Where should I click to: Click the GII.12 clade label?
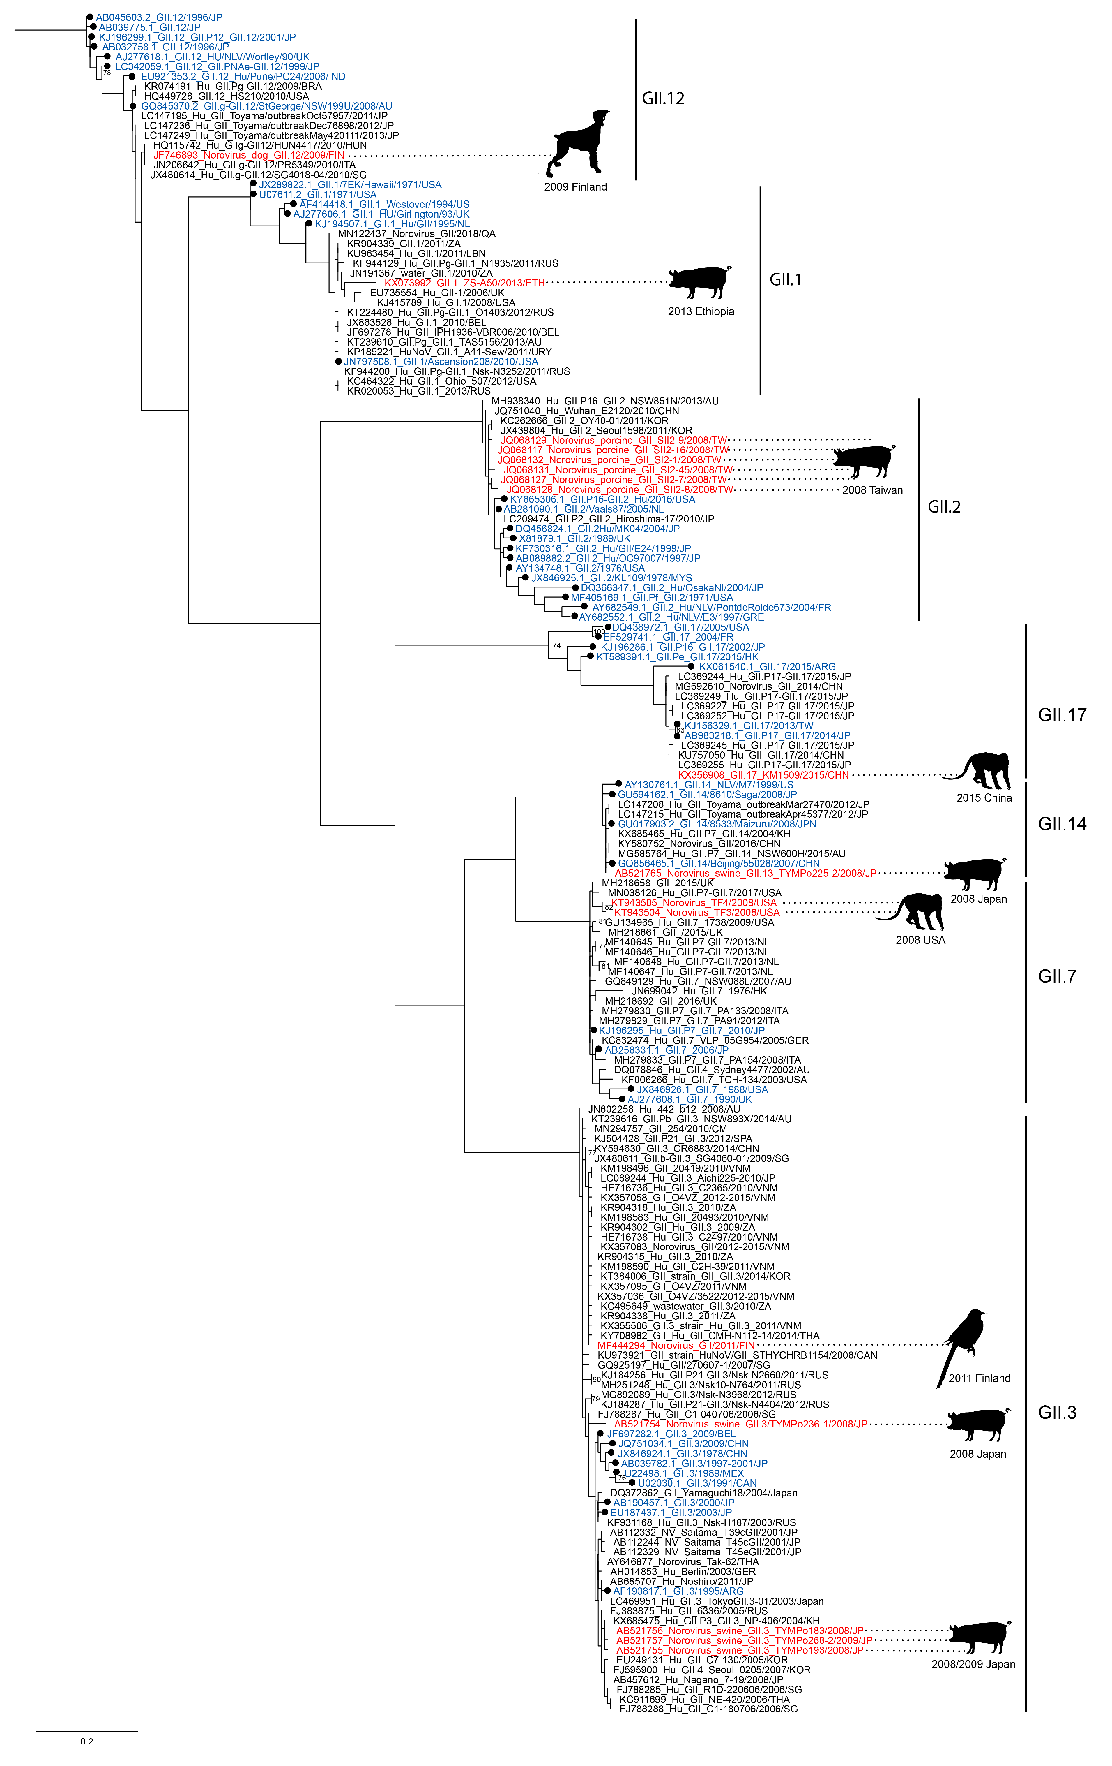[663, 98]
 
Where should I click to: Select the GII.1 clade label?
[785, 279]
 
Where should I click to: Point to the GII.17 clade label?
[1061, 715]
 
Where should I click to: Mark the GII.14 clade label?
[1061, 824]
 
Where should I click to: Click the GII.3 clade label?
[1056, 1413]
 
